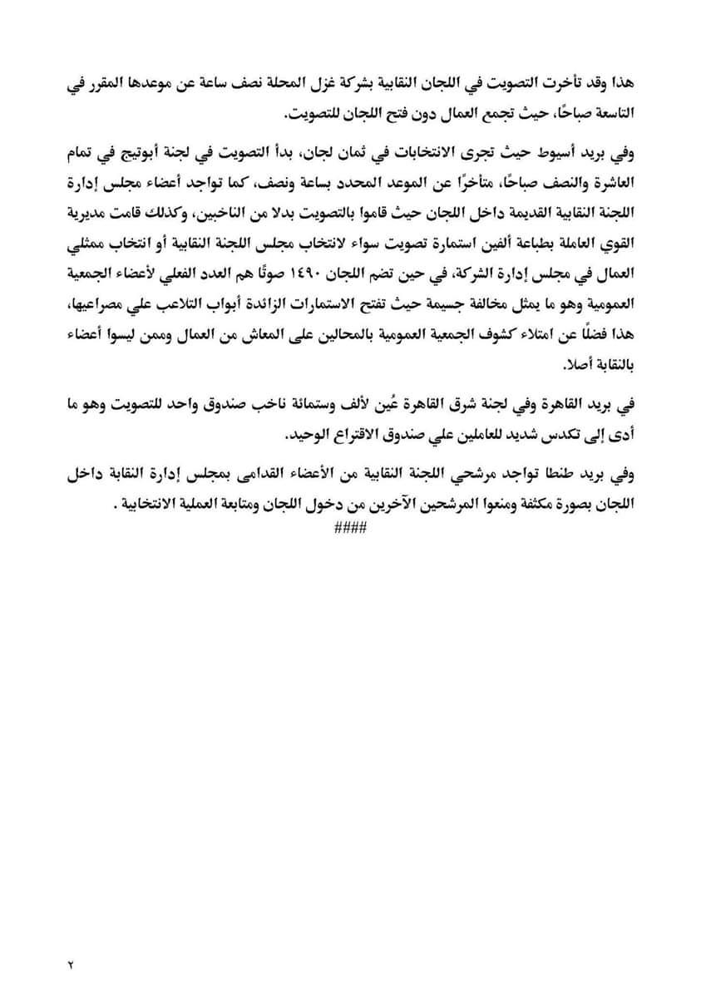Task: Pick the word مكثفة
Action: coord(502,504)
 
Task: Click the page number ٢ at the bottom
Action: coord(71,964)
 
